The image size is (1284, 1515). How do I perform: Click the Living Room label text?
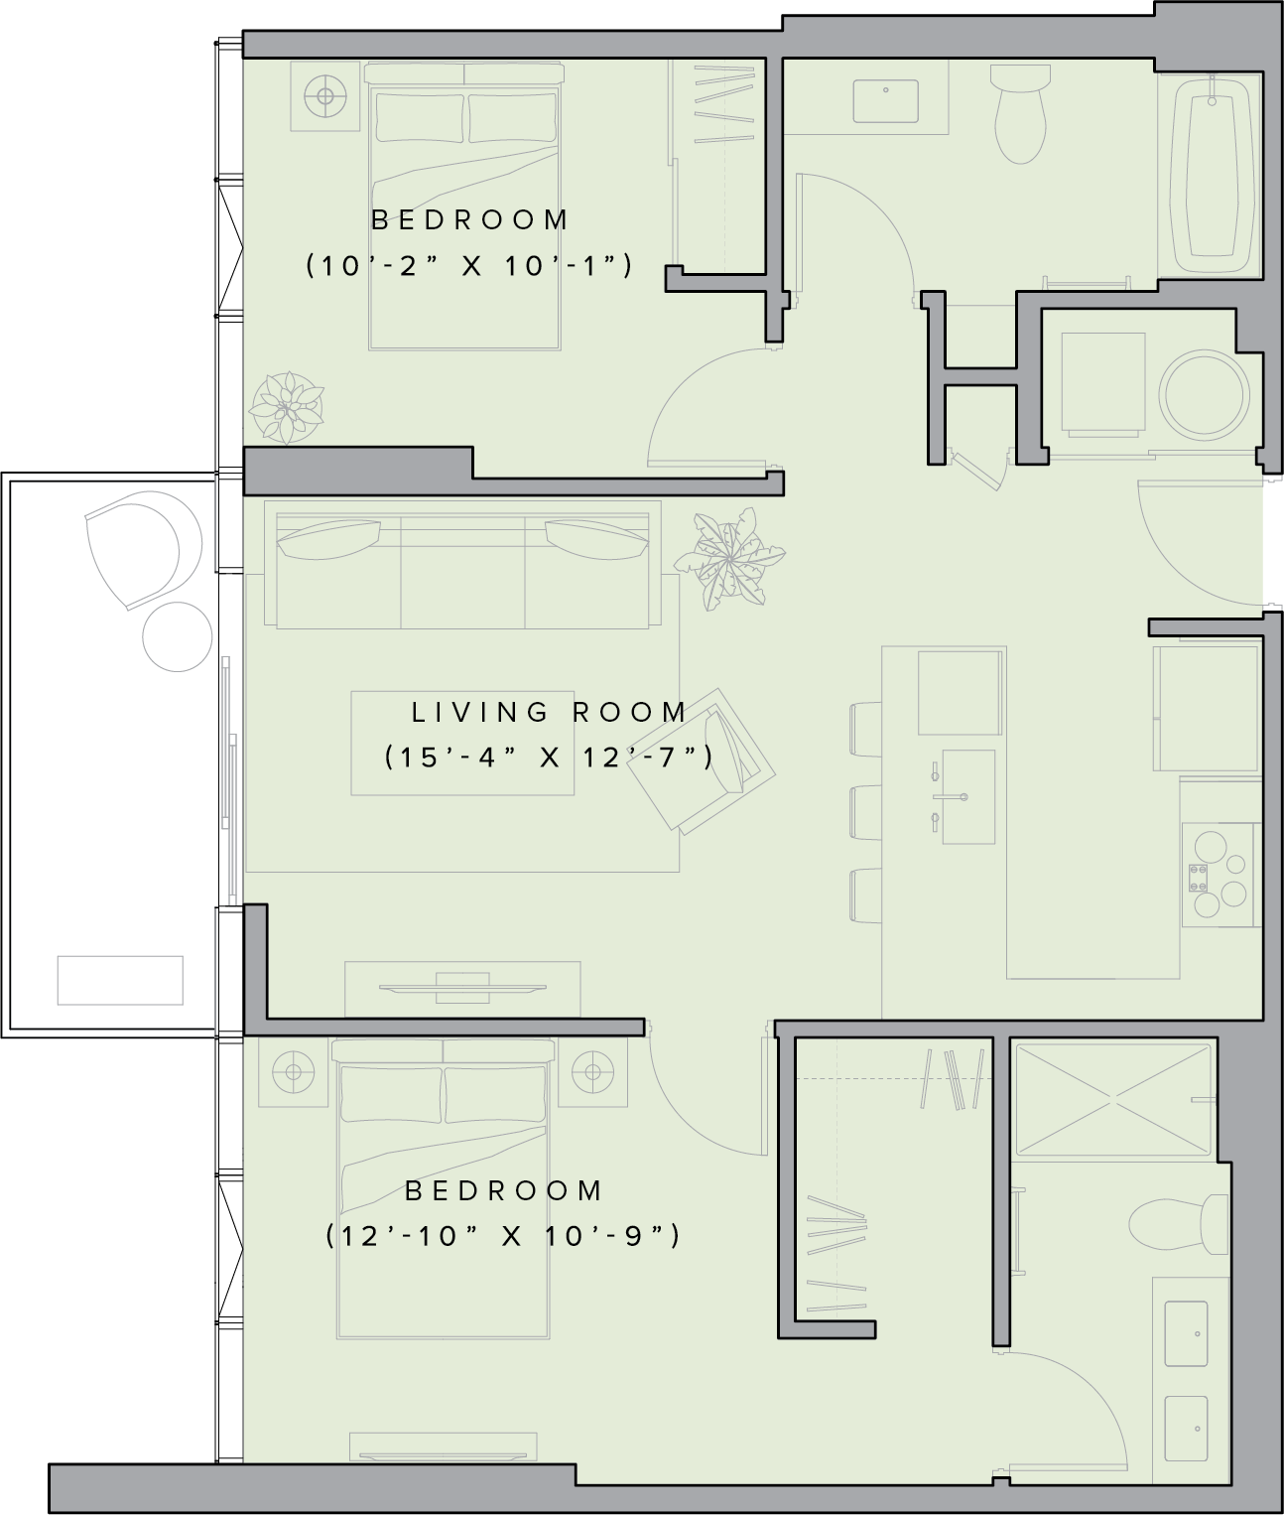(549, 712)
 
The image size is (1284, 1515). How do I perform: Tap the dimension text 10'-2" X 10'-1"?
(468, 265)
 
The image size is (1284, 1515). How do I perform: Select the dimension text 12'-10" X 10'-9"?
(503, 1236)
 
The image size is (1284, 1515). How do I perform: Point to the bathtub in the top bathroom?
(1212, 175)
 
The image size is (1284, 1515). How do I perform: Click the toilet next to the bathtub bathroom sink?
(1020, 113)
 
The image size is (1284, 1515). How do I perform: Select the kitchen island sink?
(967, 796)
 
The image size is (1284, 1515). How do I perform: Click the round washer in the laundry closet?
(1205, 395)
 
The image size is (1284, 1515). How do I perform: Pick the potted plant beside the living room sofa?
(728, 559)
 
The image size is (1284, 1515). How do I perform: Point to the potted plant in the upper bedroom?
(287, 407)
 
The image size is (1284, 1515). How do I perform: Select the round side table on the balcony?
(178, 637)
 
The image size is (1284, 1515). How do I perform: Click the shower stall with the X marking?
(1112, 1100)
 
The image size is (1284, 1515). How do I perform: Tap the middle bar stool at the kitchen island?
(866, 812)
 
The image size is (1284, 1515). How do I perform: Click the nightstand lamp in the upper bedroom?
(325, 96)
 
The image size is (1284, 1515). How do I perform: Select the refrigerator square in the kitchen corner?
(1207, 708)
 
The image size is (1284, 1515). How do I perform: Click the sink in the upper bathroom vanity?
(885, 101)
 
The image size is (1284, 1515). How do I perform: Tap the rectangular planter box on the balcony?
(120, 980)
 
